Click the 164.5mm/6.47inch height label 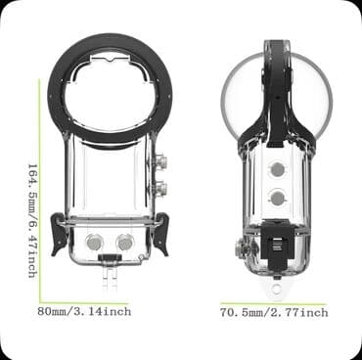point(32,219)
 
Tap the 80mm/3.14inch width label point(83,311)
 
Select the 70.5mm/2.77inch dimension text point(274,312)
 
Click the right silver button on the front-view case point(126,241)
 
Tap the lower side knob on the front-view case point(158,187)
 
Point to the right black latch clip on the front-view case point(159,236)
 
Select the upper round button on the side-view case point(277,169)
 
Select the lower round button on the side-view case point(277,197)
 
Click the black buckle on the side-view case point(277,236)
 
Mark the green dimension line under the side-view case point(274,303)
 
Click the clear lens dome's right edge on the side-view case point(330,98)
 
